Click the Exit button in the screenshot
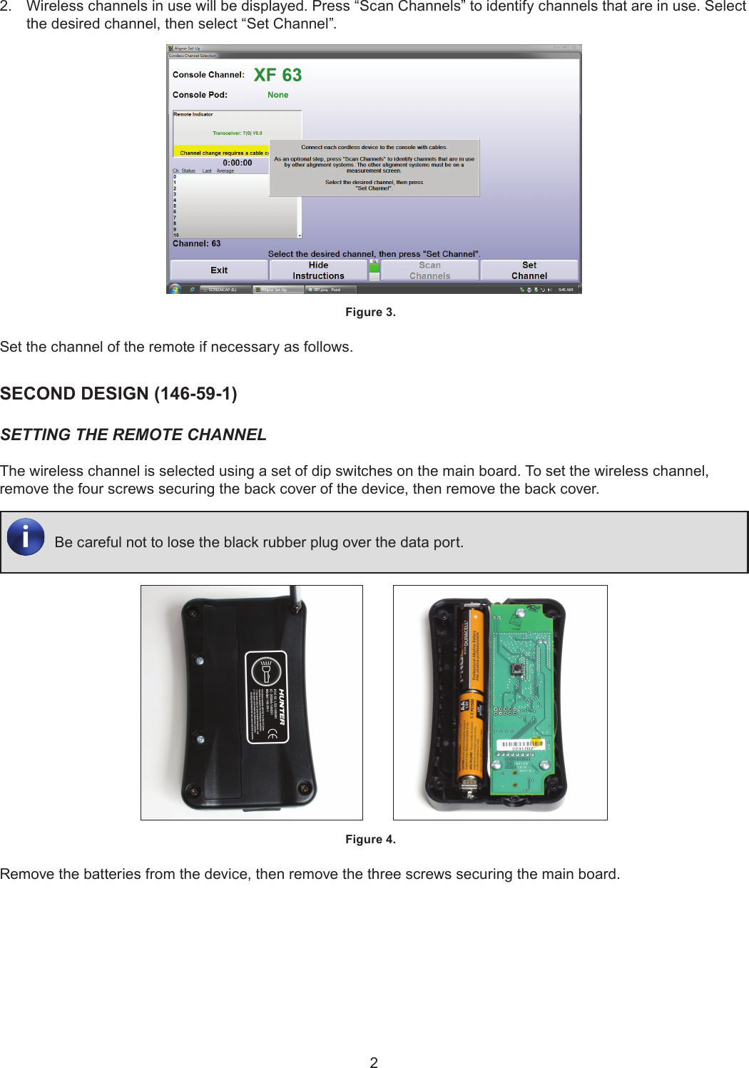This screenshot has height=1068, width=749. coord(219,270)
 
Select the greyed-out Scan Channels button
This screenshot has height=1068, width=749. coord(429,270)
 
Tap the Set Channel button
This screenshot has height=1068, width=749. coord(529,270)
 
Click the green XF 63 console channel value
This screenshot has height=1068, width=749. coord(277,75)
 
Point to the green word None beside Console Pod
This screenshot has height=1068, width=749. coord(277,95)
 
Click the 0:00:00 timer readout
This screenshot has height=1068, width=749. coord(237,163)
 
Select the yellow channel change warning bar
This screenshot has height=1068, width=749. coord(222,153)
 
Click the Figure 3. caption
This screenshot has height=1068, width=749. coord(370,312)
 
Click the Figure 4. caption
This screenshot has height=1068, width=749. coord(370,840)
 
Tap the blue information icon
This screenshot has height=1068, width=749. coord(26,536)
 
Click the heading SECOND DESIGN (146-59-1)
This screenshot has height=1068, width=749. coord(118,394)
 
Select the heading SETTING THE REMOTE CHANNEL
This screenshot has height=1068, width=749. coord(133,435)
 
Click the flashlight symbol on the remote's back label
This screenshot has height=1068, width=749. coord(267,671)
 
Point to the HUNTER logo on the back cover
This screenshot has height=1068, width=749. coord(282,706)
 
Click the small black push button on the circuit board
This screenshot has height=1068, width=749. coord(516,669)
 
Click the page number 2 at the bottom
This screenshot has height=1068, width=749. coord(374,1062)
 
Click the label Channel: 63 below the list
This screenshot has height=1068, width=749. coord(196,244)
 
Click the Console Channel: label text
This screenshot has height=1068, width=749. coord(208,75)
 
